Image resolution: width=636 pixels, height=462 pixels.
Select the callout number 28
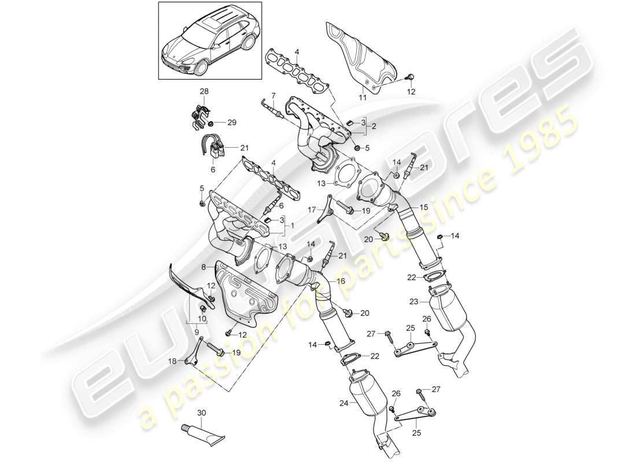(x=204, y=92)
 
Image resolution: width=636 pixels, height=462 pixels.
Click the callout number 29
(x=232, y=123)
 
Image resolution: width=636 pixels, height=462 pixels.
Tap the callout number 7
(x=273, y=95)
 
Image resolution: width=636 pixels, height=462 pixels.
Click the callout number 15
(x=424, y=206)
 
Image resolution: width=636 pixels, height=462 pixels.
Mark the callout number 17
(x=310, y=210)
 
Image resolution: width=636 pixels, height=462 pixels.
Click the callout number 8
(x=203, y=267)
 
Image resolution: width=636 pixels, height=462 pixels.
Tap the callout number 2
(x=374, y=126)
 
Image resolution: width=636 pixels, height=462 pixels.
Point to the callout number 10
(x=202, y=319)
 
